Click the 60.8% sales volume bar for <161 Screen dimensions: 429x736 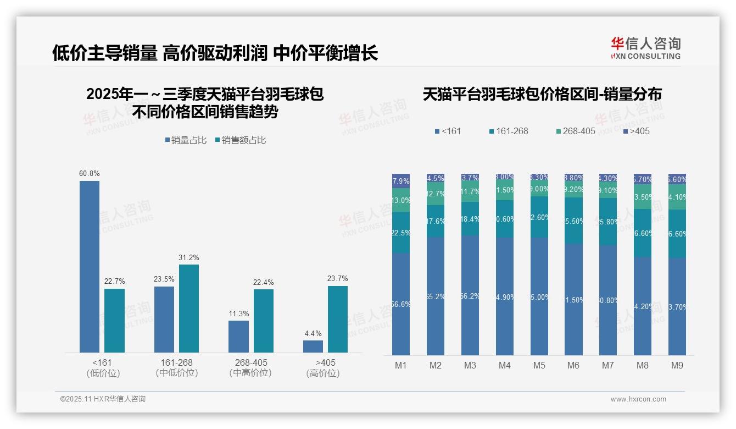coord(90,267)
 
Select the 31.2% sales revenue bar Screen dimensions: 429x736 coord(189,309)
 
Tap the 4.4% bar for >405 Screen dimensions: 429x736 coord(313,346)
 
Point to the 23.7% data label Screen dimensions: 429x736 coord(337,278)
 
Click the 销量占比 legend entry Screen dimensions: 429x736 coord(186,140)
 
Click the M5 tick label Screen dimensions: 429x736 coord(539,365)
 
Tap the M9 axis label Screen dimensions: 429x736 coord(677,365)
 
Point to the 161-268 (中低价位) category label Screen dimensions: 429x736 coord(177,368)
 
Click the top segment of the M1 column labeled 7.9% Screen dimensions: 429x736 coord(401,181)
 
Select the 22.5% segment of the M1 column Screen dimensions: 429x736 coord(401,232)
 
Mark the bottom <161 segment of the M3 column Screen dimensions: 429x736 coord(470,296)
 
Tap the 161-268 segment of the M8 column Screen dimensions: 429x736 coord(643,233)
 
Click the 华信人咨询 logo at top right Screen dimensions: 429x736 coord(645,48)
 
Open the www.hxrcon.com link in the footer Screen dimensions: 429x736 coord(638,399)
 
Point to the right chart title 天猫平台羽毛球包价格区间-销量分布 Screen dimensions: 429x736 coord(542,94)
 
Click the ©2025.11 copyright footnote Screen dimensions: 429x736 coord(103,399)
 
